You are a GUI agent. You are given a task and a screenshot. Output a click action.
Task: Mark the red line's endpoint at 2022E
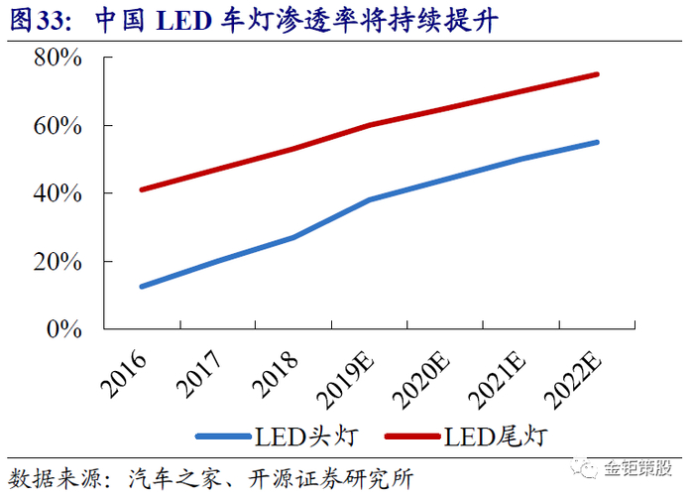(x=598, y=73)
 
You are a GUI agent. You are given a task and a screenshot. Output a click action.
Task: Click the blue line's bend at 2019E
(x=370, y=199)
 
